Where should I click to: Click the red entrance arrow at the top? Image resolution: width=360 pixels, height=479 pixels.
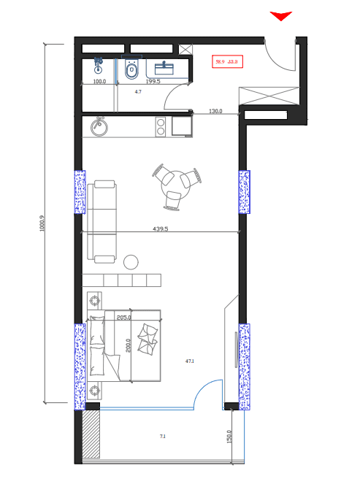point(281,16)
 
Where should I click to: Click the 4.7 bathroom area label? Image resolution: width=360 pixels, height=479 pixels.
point(138,93)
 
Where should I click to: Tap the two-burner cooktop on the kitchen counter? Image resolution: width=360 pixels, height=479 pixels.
point(161,128)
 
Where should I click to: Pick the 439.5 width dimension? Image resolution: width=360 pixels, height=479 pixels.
point(160,229)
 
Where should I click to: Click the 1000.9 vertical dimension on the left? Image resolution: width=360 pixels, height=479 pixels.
point(42,223)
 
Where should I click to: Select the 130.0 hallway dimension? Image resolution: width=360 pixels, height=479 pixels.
point(215,112)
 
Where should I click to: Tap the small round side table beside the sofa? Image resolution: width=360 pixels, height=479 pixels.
point(131,261)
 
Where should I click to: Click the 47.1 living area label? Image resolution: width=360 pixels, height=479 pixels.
point(190,361)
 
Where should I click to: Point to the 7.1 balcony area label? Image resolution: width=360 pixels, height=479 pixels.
point(162,437)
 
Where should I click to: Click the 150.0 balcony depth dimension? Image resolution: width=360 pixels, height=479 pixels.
point(229,436)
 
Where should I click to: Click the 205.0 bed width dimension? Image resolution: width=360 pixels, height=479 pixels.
point(123,318)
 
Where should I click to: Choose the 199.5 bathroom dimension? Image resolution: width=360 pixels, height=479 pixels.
point(153,82)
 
